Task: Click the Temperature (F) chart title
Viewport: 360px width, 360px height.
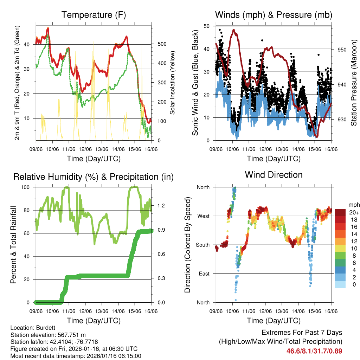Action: coord(94,15)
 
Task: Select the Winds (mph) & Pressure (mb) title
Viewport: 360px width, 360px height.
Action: coord(274,15)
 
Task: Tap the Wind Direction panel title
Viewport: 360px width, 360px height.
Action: coord(274,175)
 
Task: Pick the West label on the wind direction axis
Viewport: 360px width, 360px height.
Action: coord(203,216)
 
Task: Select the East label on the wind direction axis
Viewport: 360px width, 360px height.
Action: coord(204,274)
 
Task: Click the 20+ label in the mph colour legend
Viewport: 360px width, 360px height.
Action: coord(354,212)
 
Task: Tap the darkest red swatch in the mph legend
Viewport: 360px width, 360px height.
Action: coord(340,212)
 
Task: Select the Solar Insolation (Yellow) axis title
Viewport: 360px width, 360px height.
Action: coord(172,83)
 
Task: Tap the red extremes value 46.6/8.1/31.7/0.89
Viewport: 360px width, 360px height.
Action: coord(314,351)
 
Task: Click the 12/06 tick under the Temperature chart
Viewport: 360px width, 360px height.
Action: coord(85,150)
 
